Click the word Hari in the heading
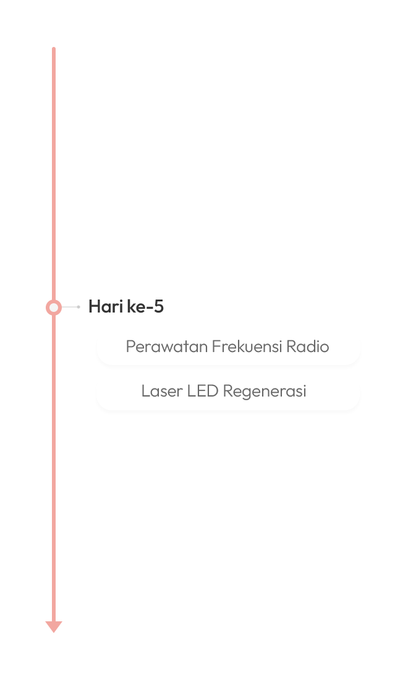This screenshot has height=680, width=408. coord(105,306)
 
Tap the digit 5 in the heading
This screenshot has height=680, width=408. coord(159,306)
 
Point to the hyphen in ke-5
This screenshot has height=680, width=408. coord(150,307)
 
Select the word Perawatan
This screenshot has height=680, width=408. coord(167,346)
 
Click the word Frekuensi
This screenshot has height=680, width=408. coord(247,346)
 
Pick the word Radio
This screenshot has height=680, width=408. coord(308,346)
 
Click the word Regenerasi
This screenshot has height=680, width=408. coord(265,392)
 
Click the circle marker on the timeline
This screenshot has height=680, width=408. coord(54,307)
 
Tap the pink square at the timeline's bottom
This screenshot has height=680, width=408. coord(54,627)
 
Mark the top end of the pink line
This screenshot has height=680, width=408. coord(54,49)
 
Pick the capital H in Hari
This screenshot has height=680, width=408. coord(94,306)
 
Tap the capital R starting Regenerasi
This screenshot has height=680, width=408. coord(227,392)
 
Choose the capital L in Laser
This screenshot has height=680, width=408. coord(145,392)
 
